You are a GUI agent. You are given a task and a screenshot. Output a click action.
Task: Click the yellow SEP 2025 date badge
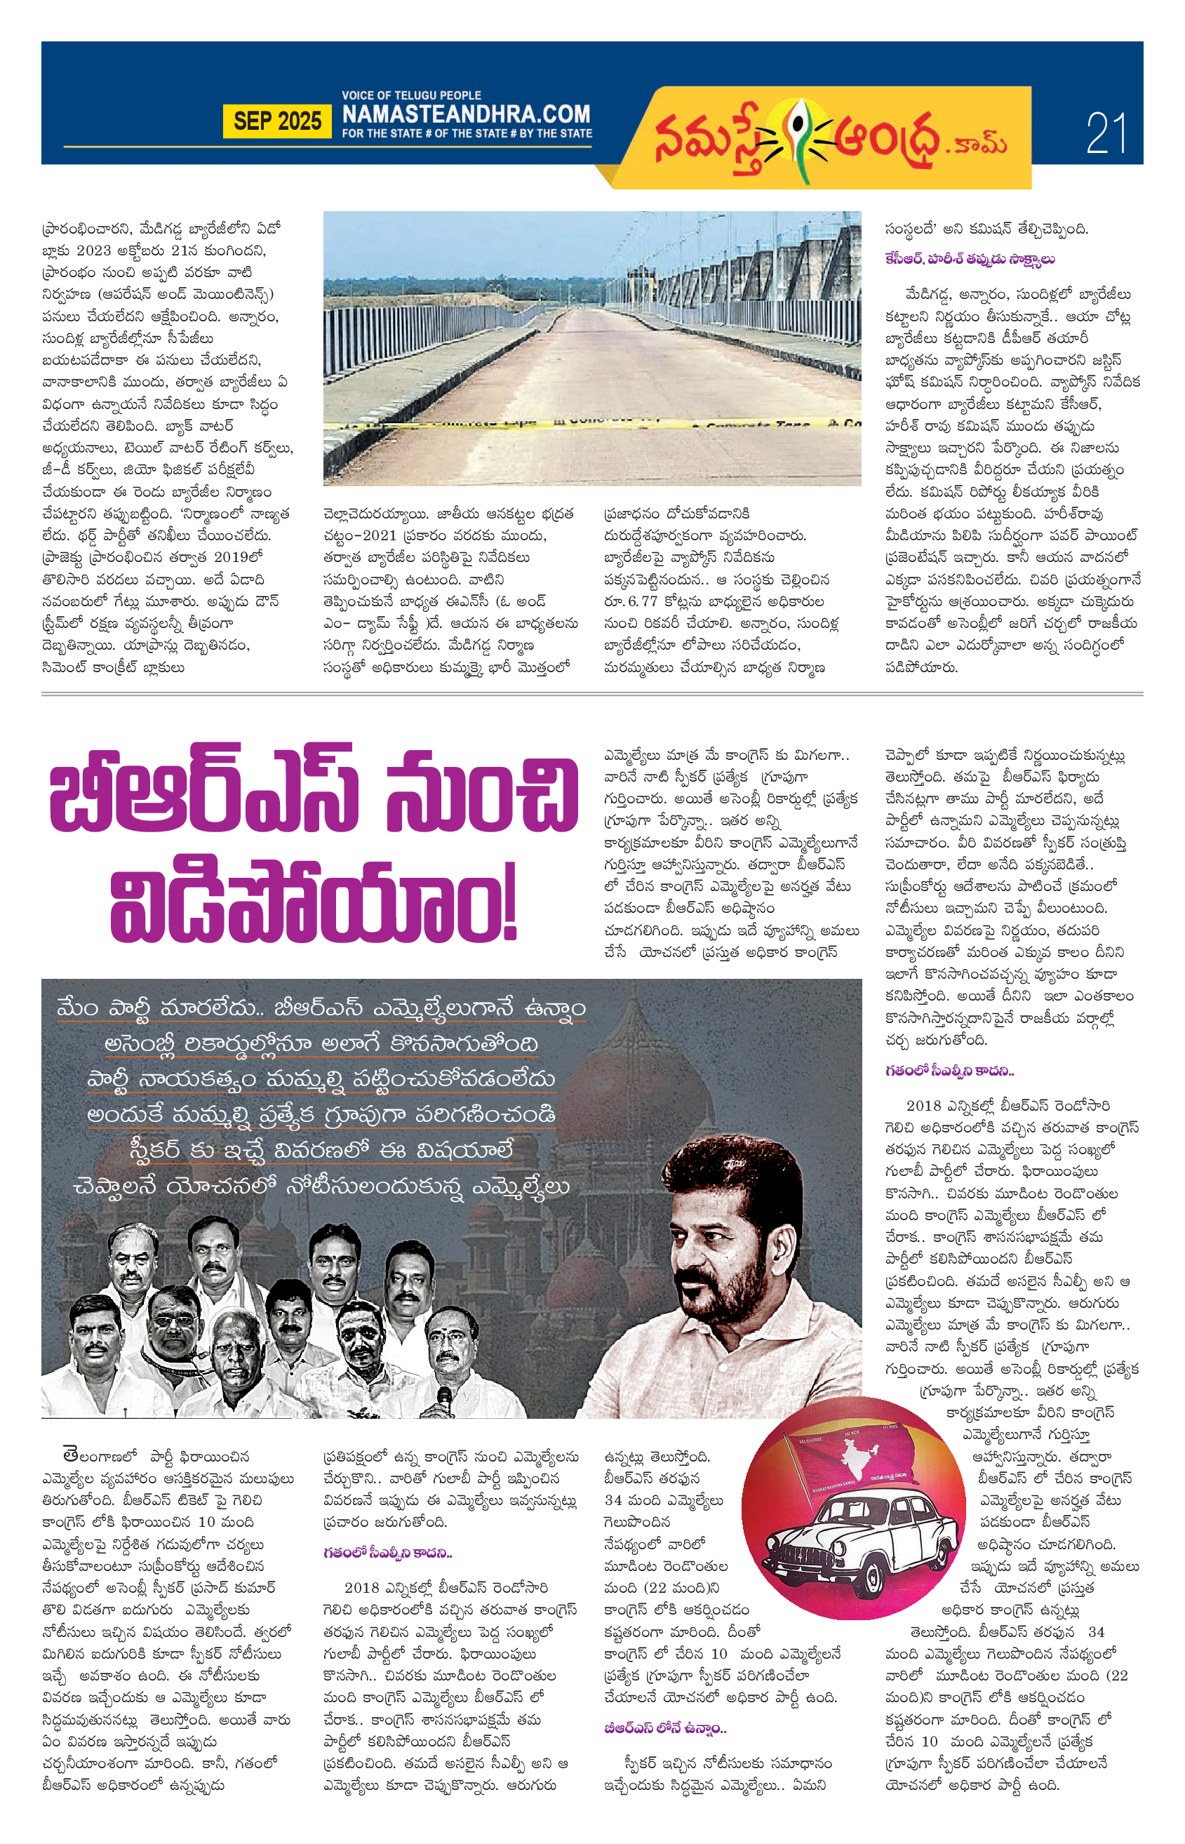tap(277, 121)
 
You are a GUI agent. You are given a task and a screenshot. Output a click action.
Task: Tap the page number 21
tap(1106, 133)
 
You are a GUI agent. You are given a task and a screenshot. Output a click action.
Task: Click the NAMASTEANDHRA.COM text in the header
tap(466, 114)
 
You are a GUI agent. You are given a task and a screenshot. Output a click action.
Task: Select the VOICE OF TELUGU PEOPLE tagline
tap(411, 95)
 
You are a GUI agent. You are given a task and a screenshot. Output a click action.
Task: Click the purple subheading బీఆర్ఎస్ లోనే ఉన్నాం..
tap(665, 1728)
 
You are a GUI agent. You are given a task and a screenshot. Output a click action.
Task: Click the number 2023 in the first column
tap(93, 250)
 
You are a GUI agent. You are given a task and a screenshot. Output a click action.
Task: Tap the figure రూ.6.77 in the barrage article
tap(631, 601)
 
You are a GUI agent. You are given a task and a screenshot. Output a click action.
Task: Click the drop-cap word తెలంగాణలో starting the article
tap(100, 1455)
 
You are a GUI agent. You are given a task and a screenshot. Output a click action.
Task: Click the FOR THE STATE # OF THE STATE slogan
tap(467, 133)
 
